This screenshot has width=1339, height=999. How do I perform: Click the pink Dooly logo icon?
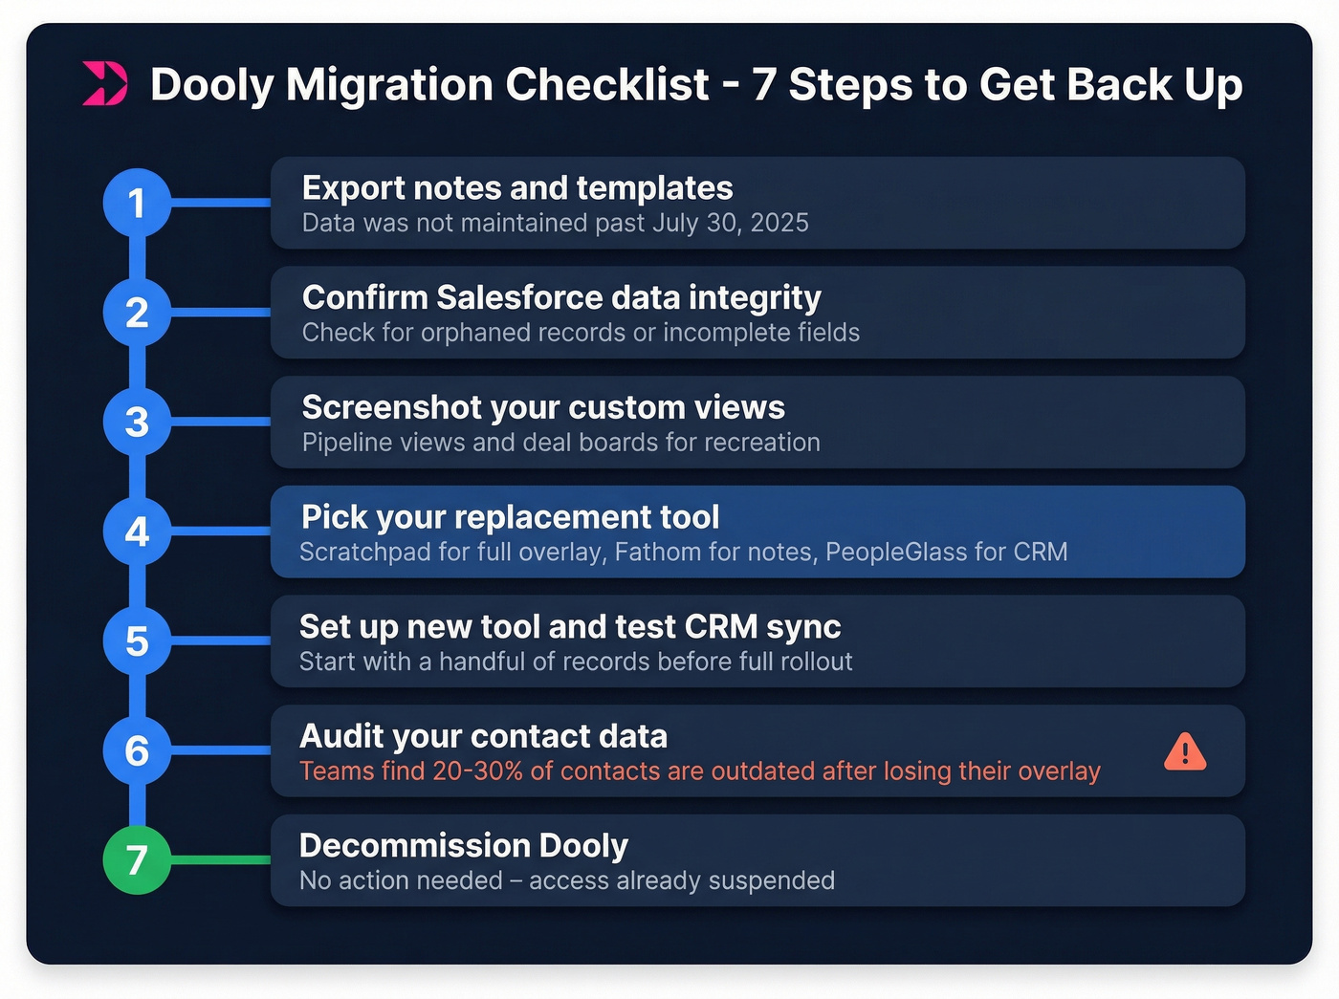tap(104, 83)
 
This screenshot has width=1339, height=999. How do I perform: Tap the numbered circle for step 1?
tap(137, 203)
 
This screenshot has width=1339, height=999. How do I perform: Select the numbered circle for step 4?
tap(137, 532)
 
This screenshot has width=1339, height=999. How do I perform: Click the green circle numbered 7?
tap(137, 859)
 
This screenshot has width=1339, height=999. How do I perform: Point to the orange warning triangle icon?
tap(1184, 751)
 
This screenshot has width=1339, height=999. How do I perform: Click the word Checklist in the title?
tap(607, 84)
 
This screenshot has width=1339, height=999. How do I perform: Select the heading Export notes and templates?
tap(516, 188)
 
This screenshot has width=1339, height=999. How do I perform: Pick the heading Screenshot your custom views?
tap(542, 407)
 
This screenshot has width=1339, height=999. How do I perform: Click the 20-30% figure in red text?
tap(477, 771)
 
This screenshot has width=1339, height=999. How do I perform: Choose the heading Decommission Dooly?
tap(463, 845)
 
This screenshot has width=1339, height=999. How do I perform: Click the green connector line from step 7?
tap(220, 859)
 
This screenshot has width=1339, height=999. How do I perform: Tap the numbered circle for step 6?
tap(137, 750)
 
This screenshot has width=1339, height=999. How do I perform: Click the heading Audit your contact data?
tap(483, 736)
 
